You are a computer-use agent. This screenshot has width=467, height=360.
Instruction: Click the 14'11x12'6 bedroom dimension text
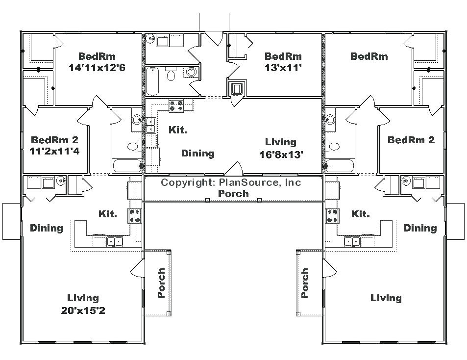(97, 68)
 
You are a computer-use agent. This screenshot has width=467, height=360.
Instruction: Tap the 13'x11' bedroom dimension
(283, 68)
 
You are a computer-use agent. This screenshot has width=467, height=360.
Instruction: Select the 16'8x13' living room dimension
(281, 154)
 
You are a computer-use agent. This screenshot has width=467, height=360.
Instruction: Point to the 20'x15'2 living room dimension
(83, 310)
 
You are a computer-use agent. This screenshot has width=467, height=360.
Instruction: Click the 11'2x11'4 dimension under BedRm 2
(54, 151)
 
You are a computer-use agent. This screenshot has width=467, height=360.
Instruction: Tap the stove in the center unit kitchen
(176, 105)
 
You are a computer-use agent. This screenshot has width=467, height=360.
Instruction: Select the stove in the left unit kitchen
(134, 216)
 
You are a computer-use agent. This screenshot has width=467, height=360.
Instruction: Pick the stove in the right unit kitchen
(332, 216)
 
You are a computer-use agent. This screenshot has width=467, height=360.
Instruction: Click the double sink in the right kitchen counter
(352, 241)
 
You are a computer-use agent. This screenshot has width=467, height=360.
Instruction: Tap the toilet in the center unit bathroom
(171, 75)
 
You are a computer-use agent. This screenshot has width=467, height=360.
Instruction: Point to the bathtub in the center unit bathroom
(152, 81)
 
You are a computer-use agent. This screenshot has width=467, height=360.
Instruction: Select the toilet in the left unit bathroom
(135, 146)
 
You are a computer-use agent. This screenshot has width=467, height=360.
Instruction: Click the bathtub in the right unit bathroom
(340, 166)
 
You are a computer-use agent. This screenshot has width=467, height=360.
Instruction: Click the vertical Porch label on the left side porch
(161, 283)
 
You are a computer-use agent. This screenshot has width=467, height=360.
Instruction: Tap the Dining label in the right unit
(420, 228)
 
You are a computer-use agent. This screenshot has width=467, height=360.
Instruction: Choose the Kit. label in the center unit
(178, 130)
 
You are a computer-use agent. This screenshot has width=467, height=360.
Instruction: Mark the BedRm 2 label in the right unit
(411, 140)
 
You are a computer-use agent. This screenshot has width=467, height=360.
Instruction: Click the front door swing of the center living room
(234, 168)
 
